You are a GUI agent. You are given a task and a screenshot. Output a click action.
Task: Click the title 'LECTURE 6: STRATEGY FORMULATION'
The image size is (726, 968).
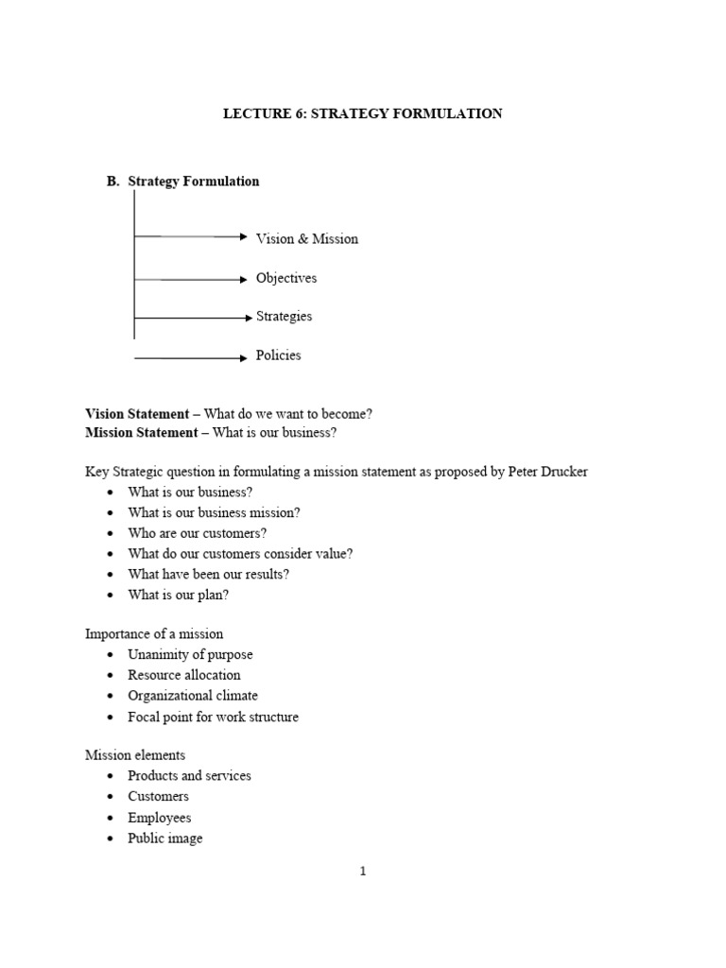pos(362,113)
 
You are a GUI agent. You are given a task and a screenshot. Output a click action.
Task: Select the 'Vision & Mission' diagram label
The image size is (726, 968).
pos(307,239)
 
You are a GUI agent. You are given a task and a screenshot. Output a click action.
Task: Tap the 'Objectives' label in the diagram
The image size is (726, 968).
pos(286,279)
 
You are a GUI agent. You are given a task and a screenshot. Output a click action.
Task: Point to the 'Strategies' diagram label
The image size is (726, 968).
pos(284,317)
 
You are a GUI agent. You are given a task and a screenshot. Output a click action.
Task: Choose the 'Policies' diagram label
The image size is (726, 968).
pos(279,355)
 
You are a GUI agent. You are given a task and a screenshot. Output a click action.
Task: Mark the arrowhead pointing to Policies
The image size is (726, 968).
pos(243,357)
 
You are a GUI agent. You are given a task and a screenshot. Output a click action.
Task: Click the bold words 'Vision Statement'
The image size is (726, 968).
pos(136,414)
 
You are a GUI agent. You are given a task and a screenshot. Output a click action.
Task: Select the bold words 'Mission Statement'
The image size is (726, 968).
pos(141,433)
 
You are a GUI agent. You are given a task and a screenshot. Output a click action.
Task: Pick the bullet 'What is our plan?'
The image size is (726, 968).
pos(179,595)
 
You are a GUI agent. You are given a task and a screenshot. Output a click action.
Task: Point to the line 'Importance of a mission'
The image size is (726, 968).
pos(154,633)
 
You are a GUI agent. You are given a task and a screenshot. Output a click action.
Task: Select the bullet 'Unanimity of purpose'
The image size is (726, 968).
pos(190,654)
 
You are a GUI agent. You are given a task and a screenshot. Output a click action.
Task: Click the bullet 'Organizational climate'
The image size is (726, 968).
pos(193,696)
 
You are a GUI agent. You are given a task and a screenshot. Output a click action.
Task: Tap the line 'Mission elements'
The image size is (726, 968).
pos(135,754)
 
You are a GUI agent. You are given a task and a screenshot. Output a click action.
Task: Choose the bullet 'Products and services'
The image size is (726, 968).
pos(189,776)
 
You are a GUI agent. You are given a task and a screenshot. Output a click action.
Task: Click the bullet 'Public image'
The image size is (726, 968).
pos(165,838)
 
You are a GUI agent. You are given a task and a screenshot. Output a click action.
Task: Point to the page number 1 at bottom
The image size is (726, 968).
pos(363,872)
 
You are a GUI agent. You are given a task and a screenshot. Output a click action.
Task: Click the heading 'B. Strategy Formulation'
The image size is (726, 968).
pos(183,181)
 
